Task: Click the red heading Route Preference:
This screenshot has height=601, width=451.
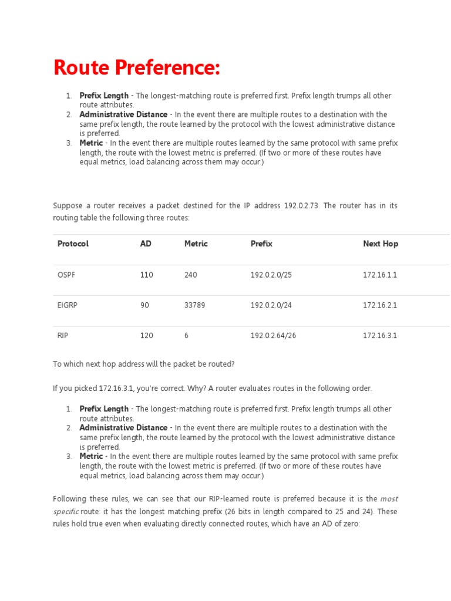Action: [x=136, y=67]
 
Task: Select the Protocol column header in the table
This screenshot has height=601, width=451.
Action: [x=73, y=244]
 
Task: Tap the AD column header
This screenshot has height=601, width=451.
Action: [x=146, y=244]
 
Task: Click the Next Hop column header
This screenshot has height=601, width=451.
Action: [x=380, y=244]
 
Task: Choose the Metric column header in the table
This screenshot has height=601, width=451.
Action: [x=196, y=244]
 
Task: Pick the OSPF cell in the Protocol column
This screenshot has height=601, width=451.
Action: [x=66, y=275]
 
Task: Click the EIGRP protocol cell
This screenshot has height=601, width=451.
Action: [x=68, y=305]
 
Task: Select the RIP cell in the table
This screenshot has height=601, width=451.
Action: [x=63, y=336]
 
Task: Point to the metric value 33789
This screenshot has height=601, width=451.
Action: [x=194, y=305]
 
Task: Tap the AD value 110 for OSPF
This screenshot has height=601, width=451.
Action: [x=146, y=275]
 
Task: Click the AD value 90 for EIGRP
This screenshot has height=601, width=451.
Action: [x=144, y=305]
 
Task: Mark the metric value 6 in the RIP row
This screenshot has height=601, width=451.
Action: [x=186, y=336]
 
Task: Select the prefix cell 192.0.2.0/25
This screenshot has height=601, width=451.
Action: [x=271, y=275]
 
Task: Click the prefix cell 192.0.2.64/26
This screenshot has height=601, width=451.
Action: [x=273, y=336]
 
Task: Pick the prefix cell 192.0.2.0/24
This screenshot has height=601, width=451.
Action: [x=271, y=305]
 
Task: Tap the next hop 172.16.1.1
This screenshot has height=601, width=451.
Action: [x=380, y=275]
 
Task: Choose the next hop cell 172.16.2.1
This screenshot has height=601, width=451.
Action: [x=380, y=305]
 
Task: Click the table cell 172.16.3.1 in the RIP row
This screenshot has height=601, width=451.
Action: [x=380, y=336]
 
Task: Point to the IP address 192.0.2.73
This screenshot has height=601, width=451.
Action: [x=301, y=206]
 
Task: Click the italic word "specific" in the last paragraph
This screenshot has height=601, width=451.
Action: [x=66, y=512]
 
